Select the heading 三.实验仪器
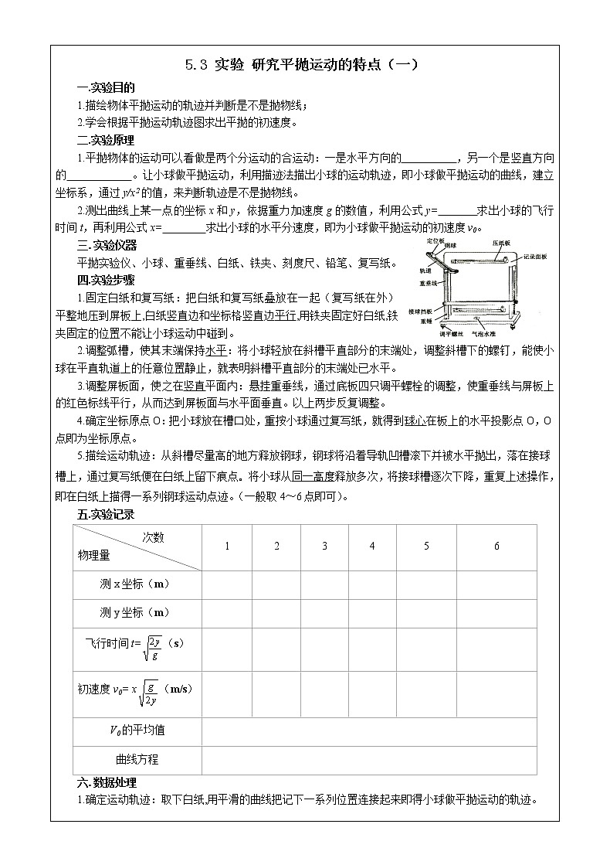tap(106, 246)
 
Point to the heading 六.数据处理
tap(106, 782)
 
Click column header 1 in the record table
tap(227, 547)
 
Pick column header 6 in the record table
tap(496, 547)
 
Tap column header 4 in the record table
tap(372, 547)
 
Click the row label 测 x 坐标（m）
tap(135, 584)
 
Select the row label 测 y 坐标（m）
tap(135, 612)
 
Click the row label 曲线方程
tap(137, 759)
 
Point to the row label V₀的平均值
tap(136, 730)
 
